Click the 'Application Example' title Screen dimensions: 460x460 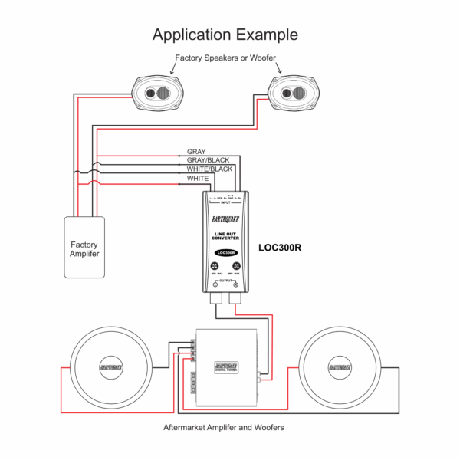[225, 34]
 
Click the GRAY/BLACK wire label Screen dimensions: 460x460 [209, 160]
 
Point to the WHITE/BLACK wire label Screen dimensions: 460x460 [209, 169]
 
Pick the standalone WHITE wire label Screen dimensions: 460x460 [198, 178]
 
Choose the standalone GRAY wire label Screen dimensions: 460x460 [196, 152]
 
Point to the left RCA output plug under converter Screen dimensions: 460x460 [215, 306]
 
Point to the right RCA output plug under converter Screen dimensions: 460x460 [235, 306]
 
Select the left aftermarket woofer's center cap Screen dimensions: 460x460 [110, 367]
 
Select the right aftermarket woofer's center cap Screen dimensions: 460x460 [340, 367]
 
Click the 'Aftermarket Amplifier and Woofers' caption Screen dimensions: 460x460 [225, 426]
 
